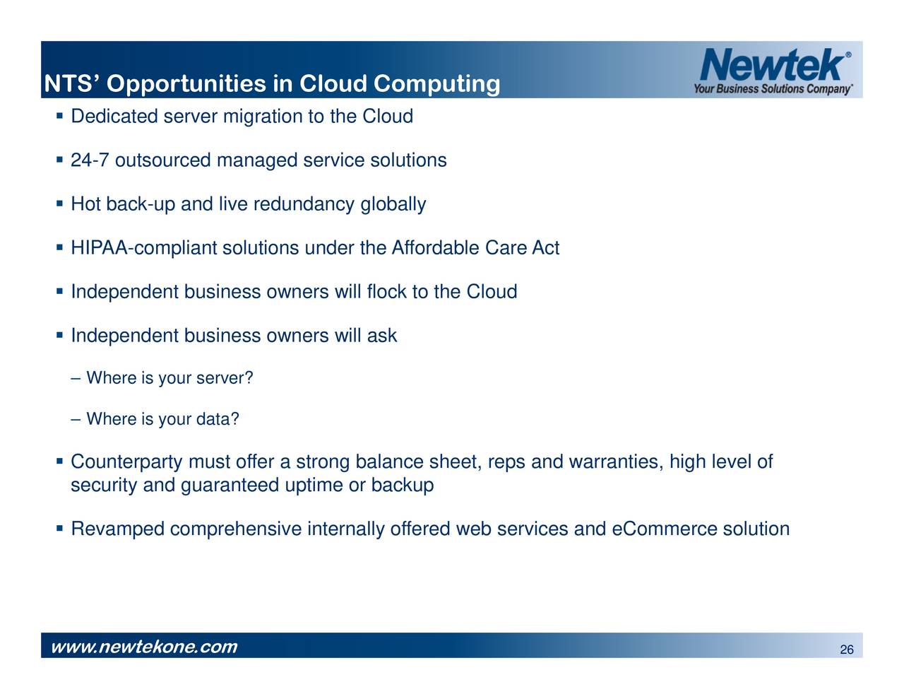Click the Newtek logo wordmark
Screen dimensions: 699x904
(x=772, y=65)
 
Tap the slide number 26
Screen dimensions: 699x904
(x=847, y=650)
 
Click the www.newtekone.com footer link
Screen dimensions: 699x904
(x=144, y=647)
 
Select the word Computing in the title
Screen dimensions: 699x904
(x=436, y=84)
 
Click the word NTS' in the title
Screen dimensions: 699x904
(x=71, y=84)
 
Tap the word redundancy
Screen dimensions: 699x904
(x=304, y=205)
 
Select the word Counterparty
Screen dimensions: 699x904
(x=126, y=463)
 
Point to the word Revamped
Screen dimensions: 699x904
(x=118, y=529)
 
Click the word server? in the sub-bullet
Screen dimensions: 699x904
(x=225, y=378)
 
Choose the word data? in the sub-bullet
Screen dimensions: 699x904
(x=218, y=419)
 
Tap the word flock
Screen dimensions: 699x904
(x=387, y=292)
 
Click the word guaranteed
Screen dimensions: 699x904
(x=230, y=486)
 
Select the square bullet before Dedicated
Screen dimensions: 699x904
(x=60, y=115)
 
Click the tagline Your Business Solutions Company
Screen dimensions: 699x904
(x=773, y=89)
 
